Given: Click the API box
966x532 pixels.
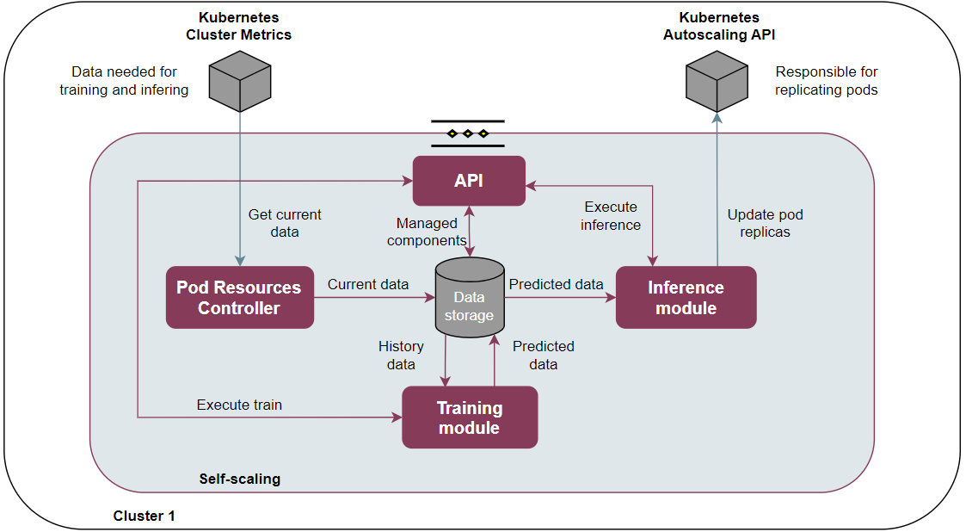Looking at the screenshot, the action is pos(469,181).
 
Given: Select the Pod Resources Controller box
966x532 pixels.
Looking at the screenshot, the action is pos(240,297).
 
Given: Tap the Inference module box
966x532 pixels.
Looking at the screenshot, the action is pos(686,297).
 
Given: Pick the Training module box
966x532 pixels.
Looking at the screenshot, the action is pos(470,418).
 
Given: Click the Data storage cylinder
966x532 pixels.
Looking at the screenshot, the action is pos(470,297).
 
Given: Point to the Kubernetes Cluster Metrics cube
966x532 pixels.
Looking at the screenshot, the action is pos(240,82).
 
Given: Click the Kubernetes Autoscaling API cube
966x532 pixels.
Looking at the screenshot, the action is pos(717,82).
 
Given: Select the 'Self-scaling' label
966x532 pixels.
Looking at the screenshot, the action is pos(240,479).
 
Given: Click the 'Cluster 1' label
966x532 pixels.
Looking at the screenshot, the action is pos(145,516).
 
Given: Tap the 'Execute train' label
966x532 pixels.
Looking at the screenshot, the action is pos(240,405).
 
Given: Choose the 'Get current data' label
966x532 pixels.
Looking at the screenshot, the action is pos(285,223).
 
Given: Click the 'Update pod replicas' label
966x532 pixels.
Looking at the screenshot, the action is pos(766,223).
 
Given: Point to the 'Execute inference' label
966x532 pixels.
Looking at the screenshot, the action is pos(611,216).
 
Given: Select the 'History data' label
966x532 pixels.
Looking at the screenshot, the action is pos(401,355).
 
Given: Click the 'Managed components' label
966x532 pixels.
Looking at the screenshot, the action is pos(427,232).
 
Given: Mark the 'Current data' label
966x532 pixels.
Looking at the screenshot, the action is pos(368,284).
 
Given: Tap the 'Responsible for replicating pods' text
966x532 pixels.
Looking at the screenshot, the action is pos(826,81).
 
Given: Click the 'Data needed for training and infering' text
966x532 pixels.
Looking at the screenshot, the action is pos(124,81).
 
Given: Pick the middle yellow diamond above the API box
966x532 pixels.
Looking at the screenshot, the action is pos(468,133).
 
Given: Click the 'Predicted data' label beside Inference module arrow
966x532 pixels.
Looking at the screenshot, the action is pos(556,284).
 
